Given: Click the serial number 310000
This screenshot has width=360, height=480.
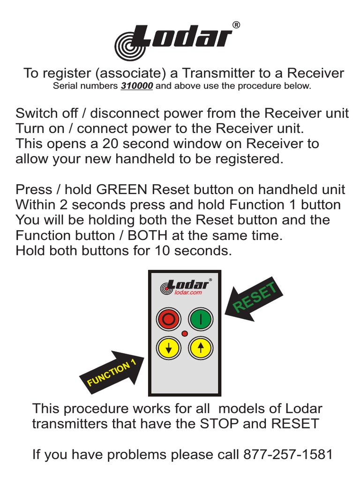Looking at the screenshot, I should coord(137,86).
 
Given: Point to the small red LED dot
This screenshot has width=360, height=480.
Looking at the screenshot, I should coord(184,334).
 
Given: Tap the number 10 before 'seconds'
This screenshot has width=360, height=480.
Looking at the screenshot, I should coord(158,251).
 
